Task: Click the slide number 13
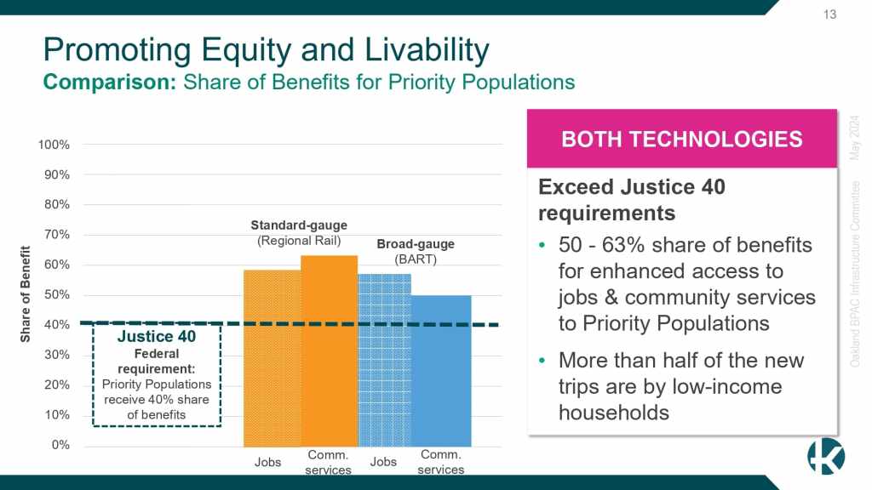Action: coord(829,14)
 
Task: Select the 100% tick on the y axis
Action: coord(54,145)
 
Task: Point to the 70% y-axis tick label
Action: coord(57,235)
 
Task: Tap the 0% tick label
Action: coord(60,445)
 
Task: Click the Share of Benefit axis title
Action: coord(25,293)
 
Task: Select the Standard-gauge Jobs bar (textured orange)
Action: coord(272,358)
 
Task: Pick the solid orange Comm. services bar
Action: coord(330,351)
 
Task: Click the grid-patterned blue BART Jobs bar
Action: coord(385,360)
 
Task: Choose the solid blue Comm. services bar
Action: coord(441,371)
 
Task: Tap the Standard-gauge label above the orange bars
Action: coord(299,225)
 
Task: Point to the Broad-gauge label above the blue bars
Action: coord(416,244)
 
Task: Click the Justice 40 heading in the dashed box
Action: coord(157,337)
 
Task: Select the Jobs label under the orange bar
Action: coord(267,462)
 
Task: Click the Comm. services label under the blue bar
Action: coord(441,462)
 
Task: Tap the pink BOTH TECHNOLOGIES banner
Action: coord(682,139)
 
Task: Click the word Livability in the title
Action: coord(427,50)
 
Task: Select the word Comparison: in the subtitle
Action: coord(110,83)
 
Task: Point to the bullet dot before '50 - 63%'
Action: coord(542,246)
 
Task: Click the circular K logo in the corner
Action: coord(826,456)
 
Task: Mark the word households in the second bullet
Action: coord(614,413)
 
